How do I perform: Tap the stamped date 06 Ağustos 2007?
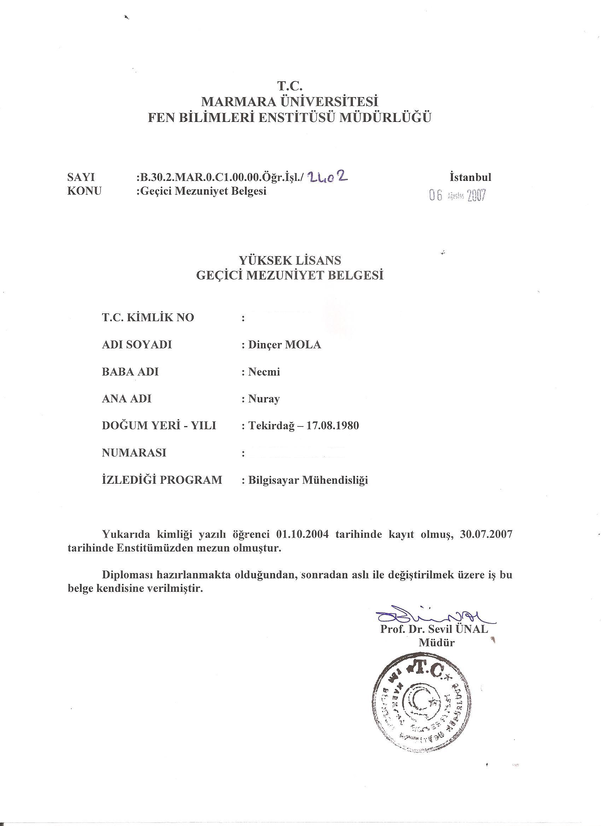coord(458,196)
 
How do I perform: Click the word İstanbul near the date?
coord(471,177)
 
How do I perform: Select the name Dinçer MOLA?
coord(284,344)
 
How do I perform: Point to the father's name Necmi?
coord(264,372)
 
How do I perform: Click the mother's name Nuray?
coord(264,399)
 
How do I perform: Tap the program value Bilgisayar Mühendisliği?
coord(308,480)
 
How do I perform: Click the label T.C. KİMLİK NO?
coord(148,318)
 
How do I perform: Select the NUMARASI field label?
coord(134,453)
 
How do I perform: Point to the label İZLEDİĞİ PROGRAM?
coord(162,480)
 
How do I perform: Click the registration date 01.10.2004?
coord(303,535)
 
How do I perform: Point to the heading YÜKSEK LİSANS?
coord(290,260)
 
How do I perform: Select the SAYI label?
coord(81,177)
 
